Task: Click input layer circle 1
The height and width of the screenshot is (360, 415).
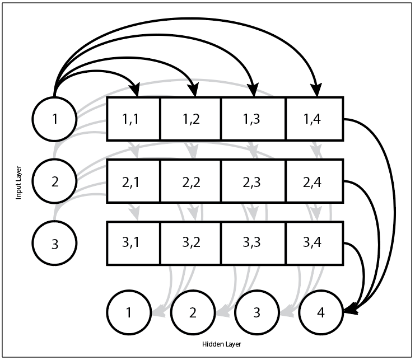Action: click(x=54, y=119)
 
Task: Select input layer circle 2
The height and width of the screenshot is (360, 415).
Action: click(x=54, y=181)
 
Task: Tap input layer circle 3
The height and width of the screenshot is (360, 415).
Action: click(x=54, y=244)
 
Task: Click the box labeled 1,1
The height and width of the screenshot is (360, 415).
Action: click(x=133, y=119)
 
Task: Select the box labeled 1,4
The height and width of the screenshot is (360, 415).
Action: click(x=314, y=119)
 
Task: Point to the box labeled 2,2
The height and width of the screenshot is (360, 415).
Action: click(x=191, y=181)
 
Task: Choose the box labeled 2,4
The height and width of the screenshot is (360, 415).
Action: click(x=314, y=181)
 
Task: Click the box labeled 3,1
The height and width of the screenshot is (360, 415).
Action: click(x=133, y=244)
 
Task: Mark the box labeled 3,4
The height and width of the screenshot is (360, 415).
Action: click(x=314, y=244)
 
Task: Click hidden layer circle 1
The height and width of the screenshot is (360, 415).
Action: click(x=129, y=312)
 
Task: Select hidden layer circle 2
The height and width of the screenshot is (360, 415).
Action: click(x=193, y=312)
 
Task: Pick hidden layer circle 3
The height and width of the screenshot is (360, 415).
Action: click(x=257, y=312)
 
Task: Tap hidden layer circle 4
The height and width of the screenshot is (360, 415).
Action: click(x=321, y=312)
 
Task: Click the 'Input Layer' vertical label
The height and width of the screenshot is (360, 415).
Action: click(x=18, y=181)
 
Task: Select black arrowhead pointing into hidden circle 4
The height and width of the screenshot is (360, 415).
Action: click(x=349, y=310)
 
